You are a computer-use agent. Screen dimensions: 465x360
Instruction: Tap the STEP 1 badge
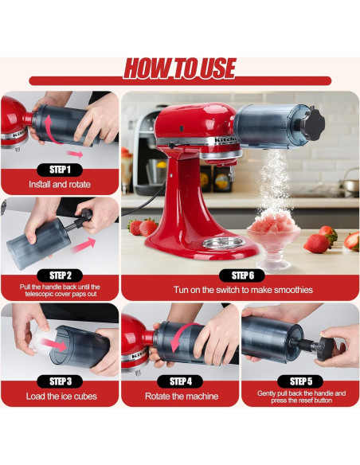[60, 169]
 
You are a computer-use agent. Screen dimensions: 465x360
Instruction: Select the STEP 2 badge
[60, 275]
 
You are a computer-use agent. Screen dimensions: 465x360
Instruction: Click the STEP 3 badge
[60, 381]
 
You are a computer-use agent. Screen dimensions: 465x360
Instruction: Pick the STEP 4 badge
[180, 381]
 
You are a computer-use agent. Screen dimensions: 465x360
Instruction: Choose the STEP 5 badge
[301, 381]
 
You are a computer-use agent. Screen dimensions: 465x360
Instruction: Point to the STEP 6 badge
[240, 275]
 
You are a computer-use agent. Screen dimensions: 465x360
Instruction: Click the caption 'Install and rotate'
[60, 185]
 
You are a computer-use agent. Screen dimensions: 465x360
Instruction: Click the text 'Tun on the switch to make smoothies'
[240, 291]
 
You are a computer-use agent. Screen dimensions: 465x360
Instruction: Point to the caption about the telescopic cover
[60, 291]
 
